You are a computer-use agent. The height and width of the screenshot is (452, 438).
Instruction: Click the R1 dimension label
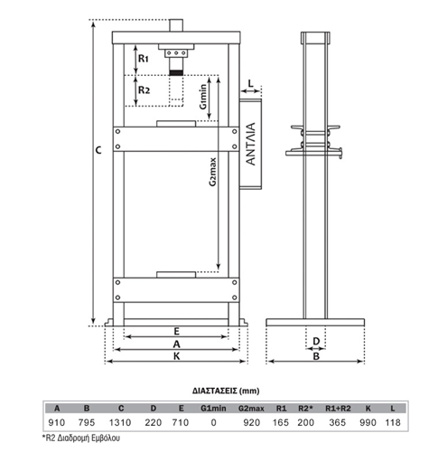pyautogui.click(x=144, y=58)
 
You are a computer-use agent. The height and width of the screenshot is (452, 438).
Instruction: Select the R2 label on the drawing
pyautogui.click(x=144, y=89)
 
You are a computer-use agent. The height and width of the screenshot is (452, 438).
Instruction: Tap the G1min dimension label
pyautogui.click(x=203, y=97)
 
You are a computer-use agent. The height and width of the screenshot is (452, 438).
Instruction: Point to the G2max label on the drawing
pyautogui.click(x=213, y=172)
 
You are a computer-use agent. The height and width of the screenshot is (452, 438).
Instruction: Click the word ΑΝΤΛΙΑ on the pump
pyautogui.click(x=250, y=144)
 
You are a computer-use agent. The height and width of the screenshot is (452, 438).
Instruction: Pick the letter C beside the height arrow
pyautogui.click(x=98, y=150)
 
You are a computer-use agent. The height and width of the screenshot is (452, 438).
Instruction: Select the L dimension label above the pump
pyautogui.click(x=251, y=83)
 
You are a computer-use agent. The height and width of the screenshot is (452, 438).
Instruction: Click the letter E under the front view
pyautogui.click(x=177, y=332)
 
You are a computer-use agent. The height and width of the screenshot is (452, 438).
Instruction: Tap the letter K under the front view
pyautogui.click(x=177, y=356)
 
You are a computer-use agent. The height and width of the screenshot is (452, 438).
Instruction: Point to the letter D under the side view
pyautogui.click(x=316, y=341)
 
